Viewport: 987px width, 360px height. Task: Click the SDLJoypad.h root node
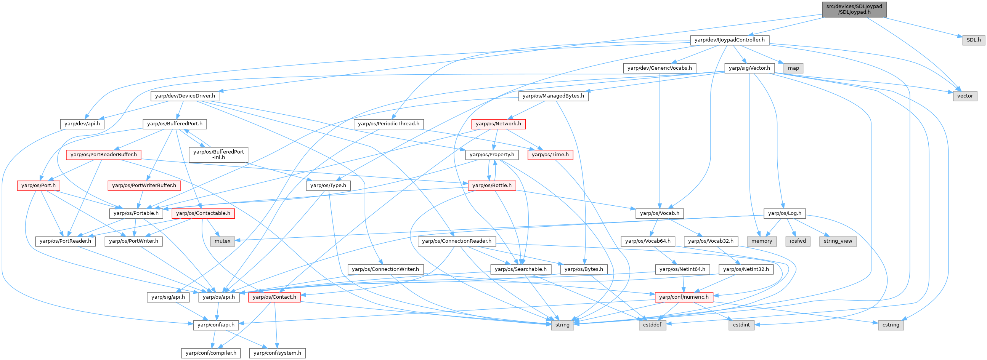[x=854, y=9]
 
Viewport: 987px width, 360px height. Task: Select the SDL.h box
[x=974, y=40]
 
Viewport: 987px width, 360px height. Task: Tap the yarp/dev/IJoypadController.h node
[x=730, y=40]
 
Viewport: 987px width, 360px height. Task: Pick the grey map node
[x=793, y=68]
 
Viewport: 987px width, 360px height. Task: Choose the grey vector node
[x=965, y=96]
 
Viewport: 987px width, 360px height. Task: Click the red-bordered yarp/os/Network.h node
[x=498, y=124]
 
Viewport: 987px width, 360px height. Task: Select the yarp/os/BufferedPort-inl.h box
[x=219, y=154]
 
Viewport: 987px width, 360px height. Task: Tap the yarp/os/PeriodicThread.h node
[x=389, y=124]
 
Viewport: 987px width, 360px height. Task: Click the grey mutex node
[x=223, y=241]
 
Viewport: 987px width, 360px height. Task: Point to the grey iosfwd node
[x=798, y=241]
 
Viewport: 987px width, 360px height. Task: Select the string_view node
[x=838, y=241]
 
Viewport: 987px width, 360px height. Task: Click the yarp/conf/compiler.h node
[x=211, y=353]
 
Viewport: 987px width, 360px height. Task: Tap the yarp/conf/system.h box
[x=278, y=353]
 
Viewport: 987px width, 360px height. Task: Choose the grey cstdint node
[x=742, y=325]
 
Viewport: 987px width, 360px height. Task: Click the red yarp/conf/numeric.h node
[x=684, y=297]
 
